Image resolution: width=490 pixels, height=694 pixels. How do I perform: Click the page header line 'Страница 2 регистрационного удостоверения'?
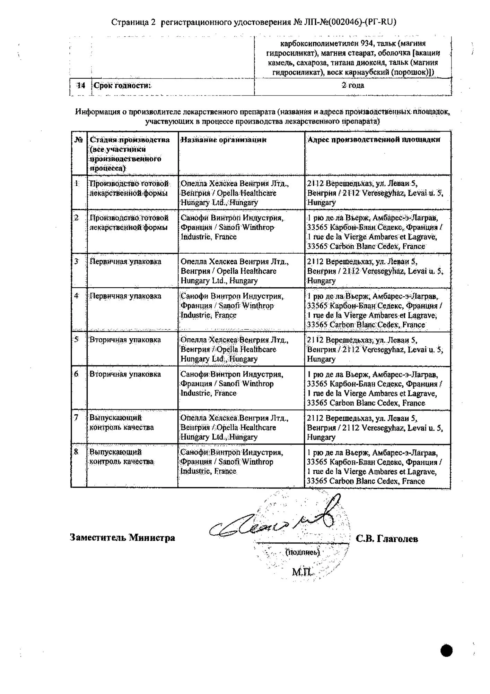pos(253,22)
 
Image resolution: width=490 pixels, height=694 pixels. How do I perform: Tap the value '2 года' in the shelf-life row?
pos(352,85)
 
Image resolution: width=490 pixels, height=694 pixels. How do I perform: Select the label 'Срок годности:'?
pos(122,85)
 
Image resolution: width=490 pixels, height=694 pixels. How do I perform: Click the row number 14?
pos(81,85)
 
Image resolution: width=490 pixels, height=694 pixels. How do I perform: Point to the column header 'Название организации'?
pos(224,140)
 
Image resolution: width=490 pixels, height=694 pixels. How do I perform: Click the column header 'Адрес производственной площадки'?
pos(374,139)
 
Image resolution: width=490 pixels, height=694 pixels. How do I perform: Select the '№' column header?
pos(79,140)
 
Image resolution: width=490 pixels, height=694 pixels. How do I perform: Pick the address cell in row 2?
pos(374,232)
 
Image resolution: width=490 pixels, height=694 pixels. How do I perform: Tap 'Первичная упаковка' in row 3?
pos(125,262)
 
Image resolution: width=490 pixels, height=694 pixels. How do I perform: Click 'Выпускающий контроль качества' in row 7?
pos(121,423)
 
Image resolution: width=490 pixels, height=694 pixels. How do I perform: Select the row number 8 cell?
pos(76,452)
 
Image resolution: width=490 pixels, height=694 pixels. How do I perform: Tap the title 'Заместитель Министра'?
pos(122,538)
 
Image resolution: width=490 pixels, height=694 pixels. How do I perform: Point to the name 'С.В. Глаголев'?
pos(386,539)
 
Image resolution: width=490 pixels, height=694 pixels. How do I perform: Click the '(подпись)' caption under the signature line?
pos(302,552)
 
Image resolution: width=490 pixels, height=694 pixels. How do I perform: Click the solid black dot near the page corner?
pos(447,651)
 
